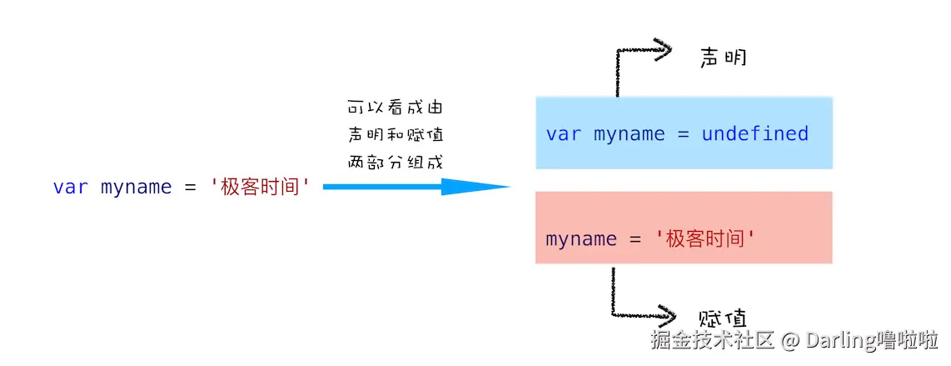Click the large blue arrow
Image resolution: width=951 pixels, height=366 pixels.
pyautogui.click(x=416, y=187)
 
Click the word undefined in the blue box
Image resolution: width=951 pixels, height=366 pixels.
pyautogui.click(x=755, y=133)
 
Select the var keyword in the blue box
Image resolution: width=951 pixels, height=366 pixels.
pyautogui.click(x=564, y=134)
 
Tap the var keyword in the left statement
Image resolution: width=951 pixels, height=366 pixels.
pyautogui.click(x=71, y=188)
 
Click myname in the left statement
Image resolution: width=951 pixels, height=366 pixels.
pyautogui.click(x=137, y=188)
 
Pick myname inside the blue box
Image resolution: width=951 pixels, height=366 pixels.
pyautogui.click(x=630, y=135)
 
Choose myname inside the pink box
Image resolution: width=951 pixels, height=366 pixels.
pyautogui.click(x=581, y=240)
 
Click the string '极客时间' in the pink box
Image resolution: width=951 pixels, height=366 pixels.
pyautogui.click(x=706, y=238)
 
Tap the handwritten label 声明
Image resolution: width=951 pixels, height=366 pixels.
pyautogui.click(x=723, y=58)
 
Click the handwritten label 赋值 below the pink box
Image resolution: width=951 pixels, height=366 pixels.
pyautogui.click(x=723, y=318)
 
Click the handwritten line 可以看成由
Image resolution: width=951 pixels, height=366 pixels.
pyautogui.click(x=395, y=108)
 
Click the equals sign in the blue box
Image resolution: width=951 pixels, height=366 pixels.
pyautogui.click(x=684, y=135)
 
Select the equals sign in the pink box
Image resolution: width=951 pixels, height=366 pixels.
pyautogui.click(x=635, y=240)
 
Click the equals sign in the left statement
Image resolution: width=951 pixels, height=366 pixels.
pyautogui.click(x=191, y=188)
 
